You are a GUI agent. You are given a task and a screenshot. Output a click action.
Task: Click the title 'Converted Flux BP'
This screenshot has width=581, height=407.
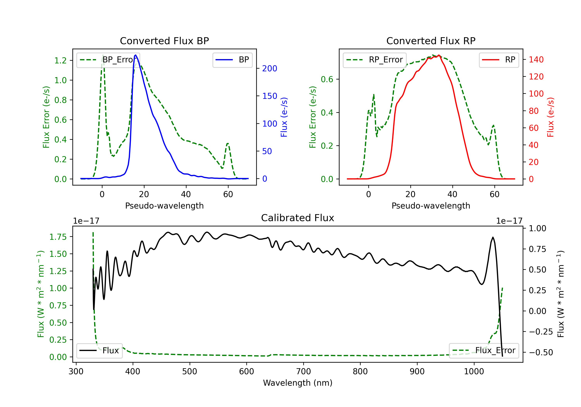(x=164, y=41)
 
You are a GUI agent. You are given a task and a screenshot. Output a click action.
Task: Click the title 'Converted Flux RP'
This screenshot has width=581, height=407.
(x=431, y=41)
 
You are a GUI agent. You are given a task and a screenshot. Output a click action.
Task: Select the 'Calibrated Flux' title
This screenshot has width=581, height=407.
(x=298, y=218)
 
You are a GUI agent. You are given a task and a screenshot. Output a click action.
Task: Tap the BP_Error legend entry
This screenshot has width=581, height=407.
(x=108, y=60)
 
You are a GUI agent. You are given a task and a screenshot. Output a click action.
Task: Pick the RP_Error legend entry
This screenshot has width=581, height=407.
(x=375, y=60)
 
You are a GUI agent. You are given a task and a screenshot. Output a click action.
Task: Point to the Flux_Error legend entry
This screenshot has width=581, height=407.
(x=484, y=351)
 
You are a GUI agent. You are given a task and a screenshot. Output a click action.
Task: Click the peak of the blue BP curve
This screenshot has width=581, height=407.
(x=136, y=55)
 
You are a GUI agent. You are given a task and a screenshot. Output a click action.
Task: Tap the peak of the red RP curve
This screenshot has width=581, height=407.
(x=439, y=55)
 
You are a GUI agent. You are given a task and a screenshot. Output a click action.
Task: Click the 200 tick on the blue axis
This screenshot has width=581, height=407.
(x=270, y=68)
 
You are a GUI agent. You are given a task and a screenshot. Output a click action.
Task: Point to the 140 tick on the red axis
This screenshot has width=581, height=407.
(x=536, y=59)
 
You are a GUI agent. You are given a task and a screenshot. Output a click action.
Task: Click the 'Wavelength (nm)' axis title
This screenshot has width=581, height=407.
(x=298, y=383)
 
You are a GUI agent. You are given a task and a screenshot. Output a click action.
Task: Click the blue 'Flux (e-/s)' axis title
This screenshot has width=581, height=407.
(x=284, y=117)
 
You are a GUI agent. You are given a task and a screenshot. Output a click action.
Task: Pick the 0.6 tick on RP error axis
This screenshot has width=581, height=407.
(x=327, y=79)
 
